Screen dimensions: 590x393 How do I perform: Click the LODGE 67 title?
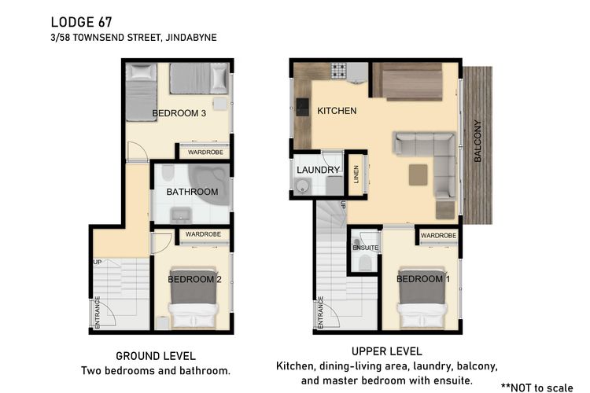[81, 22]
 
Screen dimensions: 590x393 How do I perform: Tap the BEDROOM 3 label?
[179, 113]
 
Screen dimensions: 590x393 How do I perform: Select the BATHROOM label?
[192, 192]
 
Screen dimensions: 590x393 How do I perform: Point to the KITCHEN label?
[337, 111]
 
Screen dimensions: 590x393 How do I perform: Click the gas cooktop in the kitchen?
[338, 70]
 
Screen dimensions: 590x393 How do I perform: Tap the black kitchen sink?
[302, 107]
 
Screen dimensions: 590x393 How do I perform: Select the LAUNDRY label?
[318, 170]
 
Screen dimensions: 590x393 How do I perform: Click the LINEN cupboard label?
[356, 174]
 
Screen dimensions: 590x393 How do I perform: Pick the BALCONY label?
[478, 141]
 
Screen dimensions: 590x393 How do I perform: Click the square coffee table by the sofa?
[418, 174]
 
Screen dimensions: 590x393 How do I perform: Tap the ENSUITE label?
[365, 248]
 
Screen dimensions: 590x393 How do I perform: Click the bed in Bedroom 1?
[422, 298]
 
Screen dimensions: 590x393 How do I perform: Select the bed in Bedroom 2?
[194, 298]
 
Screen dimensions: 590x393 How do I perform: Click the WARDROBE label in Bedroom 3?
[205, 152]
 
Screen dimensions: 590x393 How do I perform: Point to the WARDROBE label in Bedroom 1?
[438, 236]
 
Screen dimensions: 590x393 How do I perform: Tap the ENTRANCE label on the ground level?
[98, 312]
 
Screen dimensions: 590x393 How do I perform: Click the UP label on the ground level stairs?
[98, 262]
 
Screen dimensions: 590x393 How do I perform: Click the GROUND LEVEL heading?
[156, 356]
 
